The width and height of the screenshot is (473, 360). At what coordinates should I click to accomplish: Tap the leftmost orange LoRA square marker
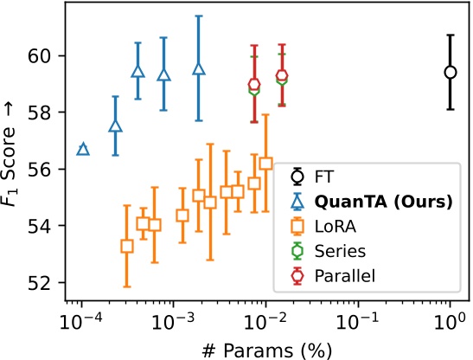[x=127, y=246]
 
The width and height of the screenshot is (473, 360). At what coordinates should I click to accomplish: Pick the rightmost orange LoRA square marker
[x=265, y=163]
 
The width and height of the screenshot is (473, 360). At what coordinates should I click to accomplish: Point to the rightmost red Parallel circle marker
[x=282, y=76]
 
